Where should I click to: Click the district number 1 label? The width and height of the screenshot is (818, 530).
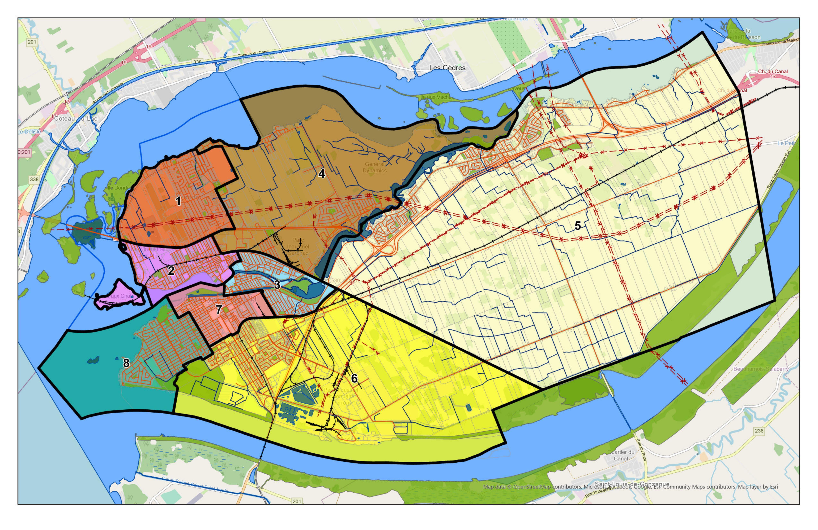[x=178, y=201]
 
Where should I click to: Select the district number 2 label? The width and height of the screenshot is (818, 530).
[x=171, y=271]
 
